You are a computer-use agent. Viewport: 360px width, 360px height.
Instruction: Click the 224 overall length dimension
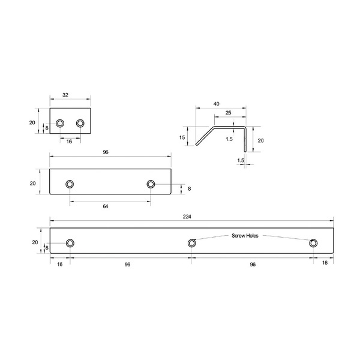tap(187, 217)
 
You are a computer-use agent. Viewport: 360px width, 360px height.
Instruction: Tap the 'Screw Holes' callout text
tap(245, 236)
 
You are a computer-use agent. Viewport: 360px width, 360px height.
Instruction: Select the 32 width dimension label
tap(65, 95)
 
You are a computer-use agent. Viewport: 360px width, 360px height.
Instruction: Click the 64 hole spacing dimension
tap(106, 206)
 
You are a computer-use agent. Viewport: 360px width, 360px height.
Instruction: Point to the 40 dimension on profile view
tap(216, 104)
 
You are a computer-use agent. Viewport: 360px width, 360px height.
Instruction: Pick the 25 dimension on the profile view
tap(228, 113)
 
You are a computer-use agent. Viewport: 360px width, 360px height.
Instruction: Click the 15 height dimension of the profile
tap(182, 137)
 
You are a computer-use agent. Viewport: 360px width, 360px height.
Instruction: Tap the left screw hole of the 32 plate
tap(60, 123)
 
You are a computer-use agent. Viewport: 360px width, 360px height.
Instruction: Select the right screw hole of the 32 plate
tap(80, 123)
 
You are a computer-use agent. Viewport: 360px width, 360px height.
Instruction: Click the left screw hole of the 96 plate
tap(70, 184)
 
